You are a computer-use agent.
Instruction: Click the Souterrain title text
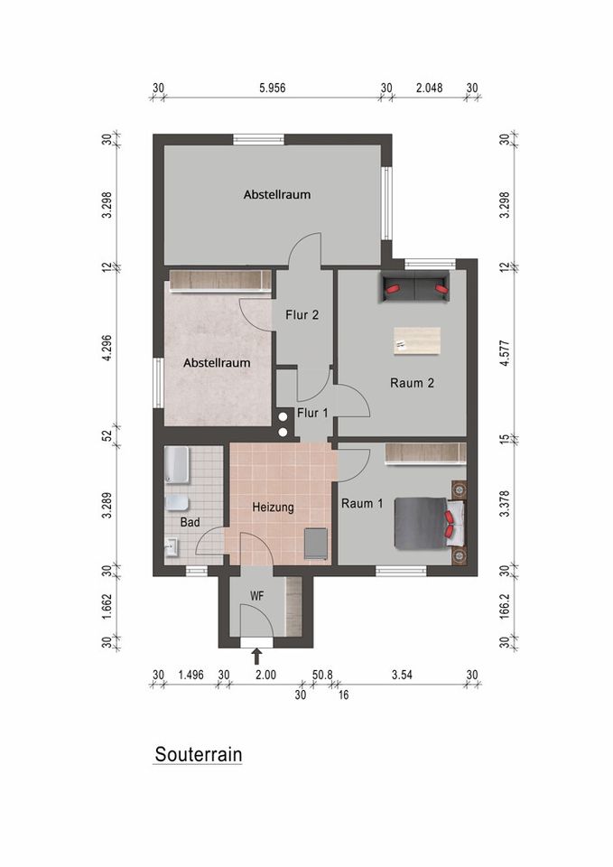tap(198, 754)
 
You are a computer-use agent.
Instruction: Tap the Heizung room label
tap(273, 508)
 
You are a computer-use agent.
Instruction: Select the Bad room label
tap(190, 522)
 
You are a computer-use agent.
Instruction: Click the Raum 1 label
tap(363, 503)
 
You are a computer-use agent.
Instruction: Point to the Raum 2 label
tap(412, 383)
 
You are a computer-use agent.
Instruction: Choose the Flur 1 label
tap(312, 412)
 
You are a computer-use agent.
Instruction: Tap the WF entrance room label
tap(256, 596)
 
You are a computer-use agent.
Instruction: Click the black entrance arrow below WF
tap(256, 655)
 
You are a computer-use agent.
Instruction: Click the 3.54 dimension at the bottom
tap(401, 675)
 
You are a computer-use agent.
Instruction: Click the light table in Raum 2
tap(417, 340)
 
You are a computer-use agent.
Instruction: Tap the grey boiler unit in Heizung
tap(315, 544)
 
